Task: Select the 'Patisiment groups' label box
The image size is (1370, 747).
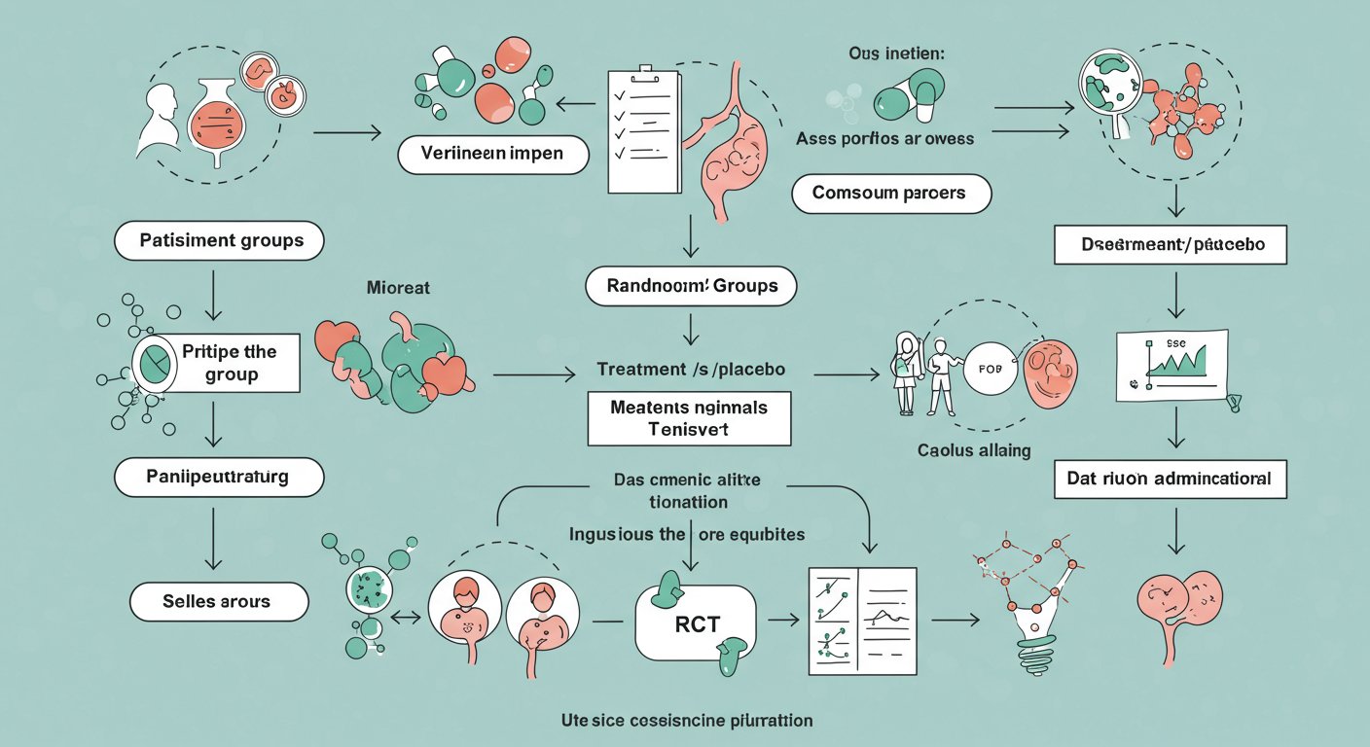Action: click(219, 240)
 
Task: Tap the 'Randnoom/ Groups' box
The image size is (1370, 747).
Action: click(691, 287)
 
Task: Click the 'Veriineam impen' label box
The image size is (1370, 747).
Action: click(493, 154)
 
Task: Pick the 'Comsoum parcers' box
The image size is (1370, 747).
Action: click(890, 194)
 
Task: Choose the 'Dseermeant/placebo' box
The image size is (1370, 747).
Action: click(1171, 244)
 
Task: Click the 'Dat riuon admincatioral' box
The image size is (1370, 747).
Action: click(1171, 480)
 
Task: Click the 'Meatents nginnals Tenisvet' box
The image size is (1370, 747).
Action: click(689, 418)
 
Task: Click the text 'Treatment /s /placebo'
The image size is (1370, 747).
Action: click(691, 370)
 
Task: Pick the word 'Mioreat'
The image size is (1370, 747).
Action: click(398, 288)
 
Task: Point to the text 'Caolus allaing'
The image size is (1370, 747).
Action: click(974, 450)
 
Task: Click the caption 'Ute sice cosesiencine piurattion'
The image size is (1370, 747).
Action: click(687, 721)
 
